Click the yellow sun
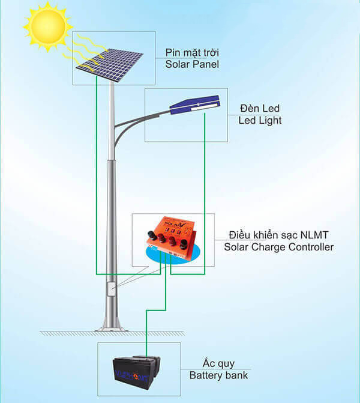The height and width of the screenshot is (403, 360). pyautogui.click(x=47, y=26)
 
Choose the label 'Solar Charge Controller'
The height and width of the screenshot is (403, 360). pyautogui.click(x=278, y=247)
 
